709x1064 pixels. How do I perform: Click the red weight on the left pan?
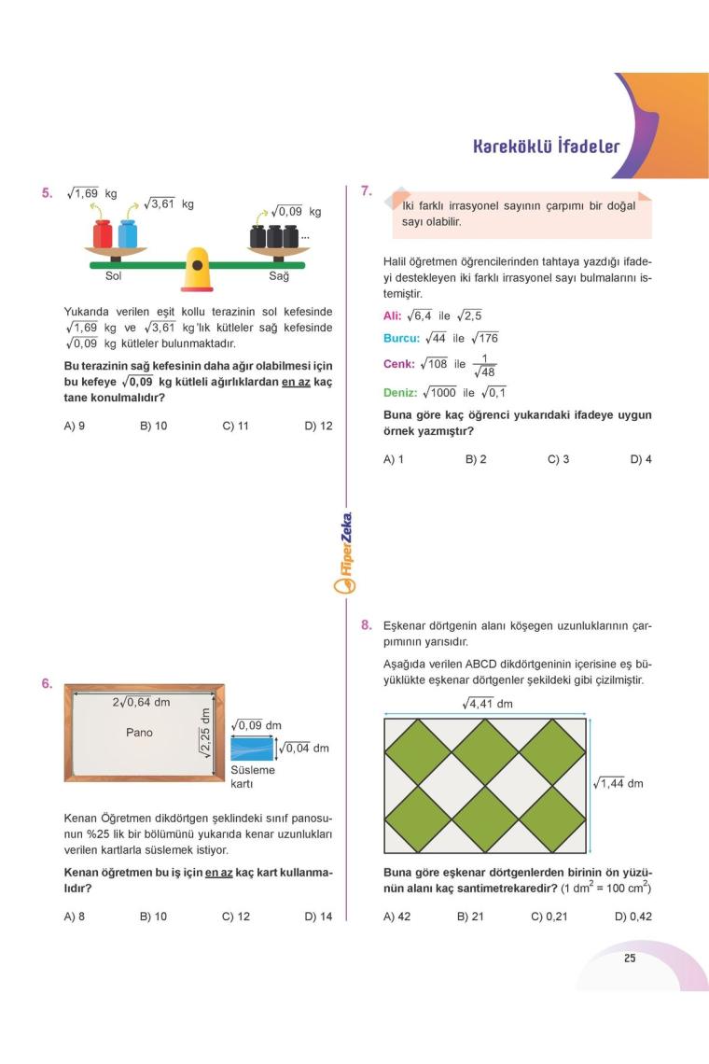click(x=103, y=234)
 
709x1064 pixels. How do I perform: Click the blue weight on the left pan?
click(x=127, y=234)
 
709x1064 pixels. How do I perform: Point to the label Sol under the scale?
click(x=113, y=276)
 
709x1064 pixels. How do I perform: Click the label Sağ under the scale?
click(x=279, y=276)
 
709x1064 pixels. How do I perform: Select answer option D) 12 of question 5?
click(x=318, y=427)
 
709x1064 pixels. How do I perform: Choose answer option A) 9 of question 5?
click(x=75, y=427)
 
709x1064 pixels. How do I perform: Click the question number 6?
click(x=47, y=683)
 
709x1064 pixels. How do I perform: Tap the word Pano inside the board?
click(x=139, y=733)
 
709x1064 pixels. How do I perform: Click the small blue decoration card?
click(x=252, y=749)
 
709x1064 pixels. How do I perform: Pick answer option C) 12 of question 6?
click(x=236, y=917)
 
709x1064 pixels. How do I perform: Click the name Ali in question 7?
click(x=392, y=316)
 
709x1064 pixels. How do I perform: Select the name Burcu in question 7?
click(x=401, y=338)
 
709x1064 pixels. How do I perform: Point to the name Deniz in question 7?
click(x=400, y=393)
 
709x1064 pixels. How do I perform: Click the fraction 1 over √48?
click(x=484, y=365)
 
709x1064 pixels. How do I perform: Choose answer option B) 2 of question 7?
click(x=476, y=460)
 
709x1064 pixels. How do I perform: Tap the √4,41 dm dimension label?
click(x=487, y=704)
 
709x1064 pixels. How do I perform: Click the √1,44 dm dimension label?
click(x=619, y=783)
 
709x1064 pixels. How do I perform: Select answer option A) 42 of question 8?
click(x=397, y=917)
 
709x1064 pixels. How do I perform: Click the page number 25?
click(x=630, y=958)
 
